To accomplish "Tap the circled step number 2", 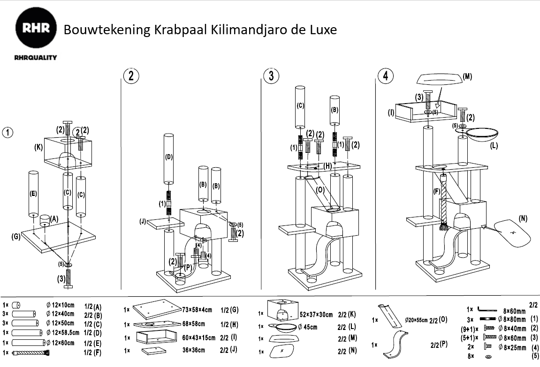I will click(x=131, y=76).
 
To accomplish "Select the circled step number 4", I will click(x=385, y=76).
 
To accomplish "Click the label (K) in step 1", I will click(x=38, y=147).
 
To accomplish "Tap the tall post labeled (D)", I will click(x=169, y=158).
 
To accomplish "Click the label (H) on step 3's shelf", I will click(x=327, y=166).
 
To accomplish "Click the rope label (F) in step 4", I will click(x=437, y=191).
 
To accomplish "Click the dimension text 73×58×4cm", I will click(x=198, y=310).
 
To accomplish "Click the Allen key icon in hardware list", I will click(x=487, y=310).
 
